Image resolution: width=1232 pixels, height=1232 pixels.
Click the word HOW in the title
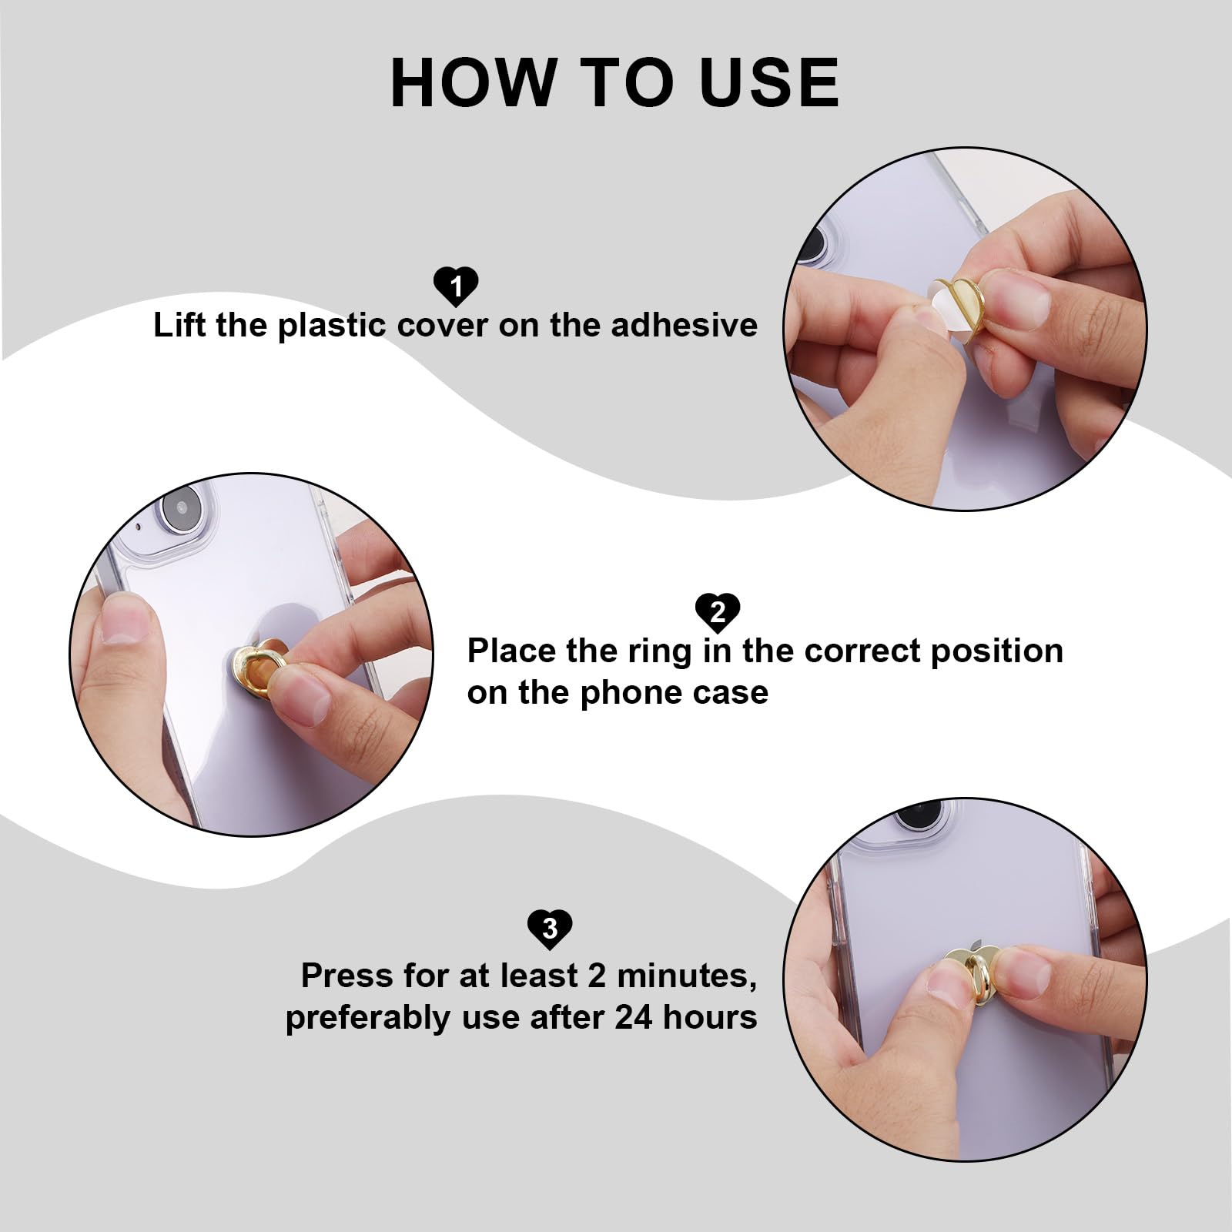[473, 82]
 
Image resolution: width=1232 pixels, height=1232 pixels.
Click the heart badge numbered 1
[456, 286]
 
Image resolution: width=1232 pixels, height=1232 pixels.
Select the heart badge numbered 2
[717, 612]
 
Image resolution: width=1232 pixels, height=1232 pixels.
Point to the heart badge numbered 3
[550, 928]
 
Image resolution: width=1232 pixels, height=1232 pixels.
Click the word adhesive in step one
[684, 325]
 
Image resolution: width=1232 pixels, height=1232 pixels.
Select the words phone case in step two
[674, 693]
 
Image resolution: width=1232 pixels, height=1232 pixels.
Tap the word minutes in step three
[686, 976]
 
